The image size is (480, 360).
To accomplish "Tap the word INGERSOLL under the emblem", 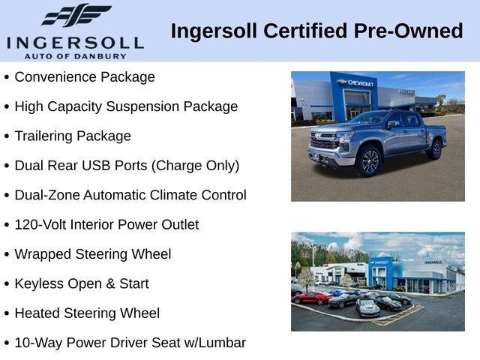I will pos(75,41).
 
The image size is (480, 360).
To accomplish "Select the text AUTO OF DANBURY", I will pos(75,55).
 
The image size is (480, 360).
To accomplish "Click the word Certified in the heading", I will pos(299,31).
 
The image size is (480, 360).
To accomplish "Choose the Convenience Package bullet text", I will pos(85,77).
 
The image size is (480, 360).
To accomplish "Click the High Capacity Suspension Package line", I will pos(126,106).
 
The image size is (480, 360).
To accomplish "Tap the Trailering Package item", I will pos(73,136).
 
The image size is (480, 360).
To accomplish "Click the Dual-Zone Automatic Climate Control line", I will pos(130,195).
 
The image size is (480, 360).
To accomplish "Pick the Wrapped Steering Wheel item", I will pos(93,254).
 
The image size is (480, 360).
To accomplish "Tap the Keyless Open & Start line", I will pos(82,284).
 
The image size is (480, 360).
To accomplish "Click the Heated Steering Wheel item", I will pos(87,313).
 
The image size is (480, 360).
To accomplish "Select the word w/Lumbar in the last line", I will pos(217,343).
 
